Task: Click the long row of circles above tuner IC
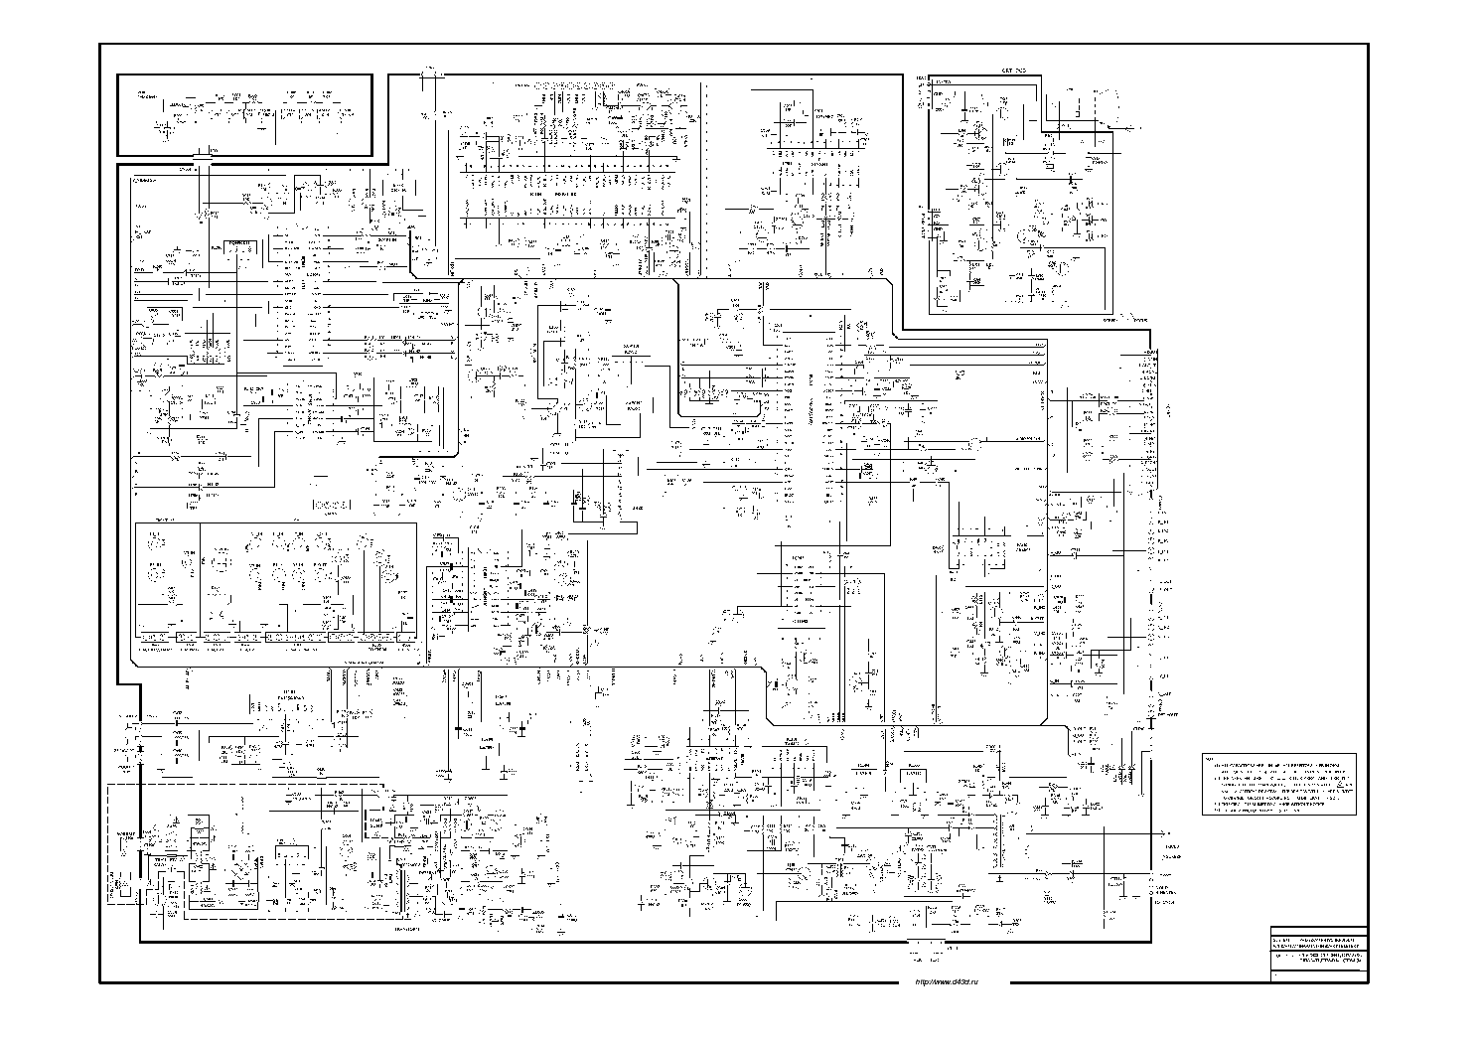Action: [577, 85]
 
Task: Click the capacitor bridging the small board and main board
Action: [203, 158]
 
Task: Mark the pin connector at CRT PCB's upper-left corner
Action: [923, 89]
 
